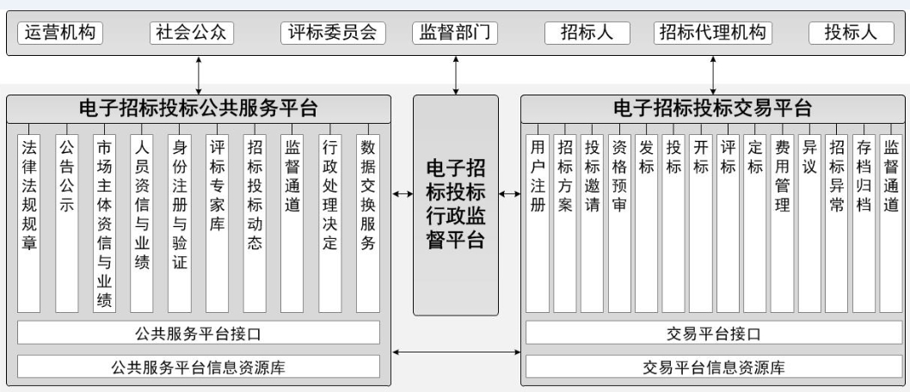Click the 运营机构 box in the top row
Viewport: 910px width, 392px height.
coord(58,33)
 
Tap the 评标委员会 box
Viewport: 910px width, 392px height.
coord(333,33)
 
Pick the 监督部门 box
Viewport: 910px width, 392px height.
coord(455,33)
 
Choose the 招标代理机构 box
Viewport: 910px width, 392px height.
coord(712,33)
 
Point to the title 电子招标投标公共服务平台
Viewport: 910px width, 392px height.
coord(199,108)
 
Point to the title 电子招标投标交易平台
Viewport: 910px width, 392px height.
coord(712,108)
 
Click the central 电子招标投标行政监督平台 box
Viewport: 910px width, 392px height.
coord(455,205)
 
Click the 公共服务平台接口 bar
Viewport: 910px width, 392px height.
coord(199,333)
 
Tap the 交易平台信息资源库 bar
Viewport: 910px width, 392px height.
coord(713,367)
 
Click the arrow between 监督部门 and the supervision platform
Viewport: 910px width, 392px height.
coord(456,76)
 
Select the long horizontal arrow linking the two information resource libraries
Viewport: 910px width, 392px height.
coord(455,352)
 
